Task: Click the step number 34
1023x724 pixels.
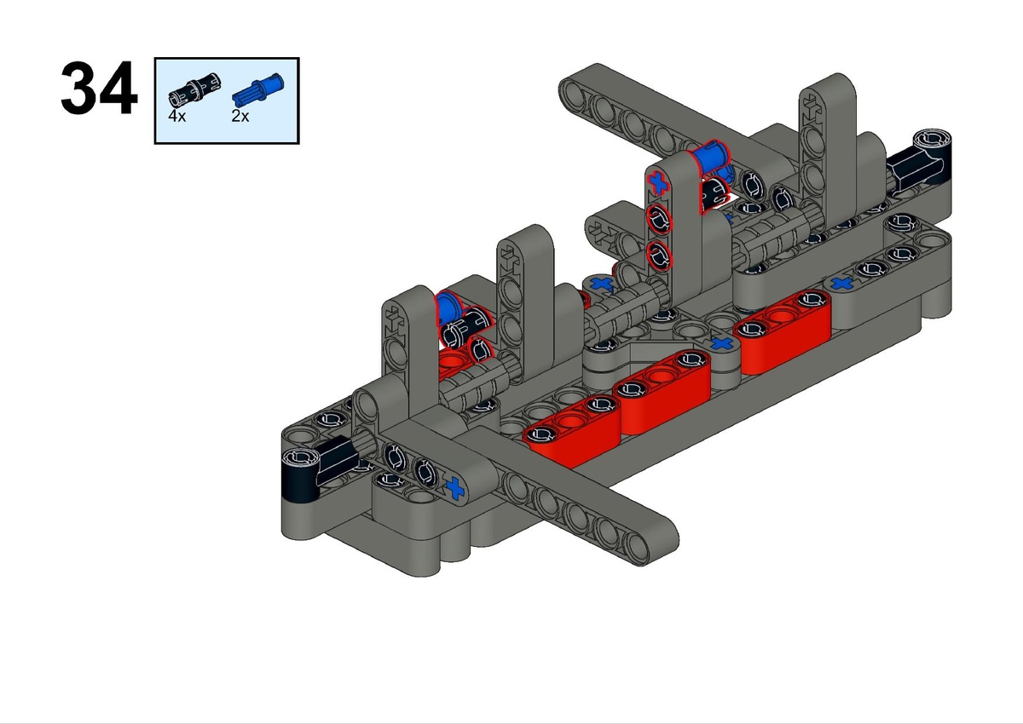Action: coord(99,88)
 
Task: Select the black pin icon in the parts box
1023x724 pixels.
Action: coord(194,92)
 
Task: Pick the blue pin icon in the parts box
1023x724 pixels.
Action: coord(258,90)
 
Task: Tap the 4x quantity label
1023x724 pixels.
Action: coord(176,117)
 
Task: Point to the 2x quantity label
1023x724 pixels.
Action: coord(240,117)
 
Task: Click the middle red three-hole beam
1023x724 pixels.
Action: coord(662,392)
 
